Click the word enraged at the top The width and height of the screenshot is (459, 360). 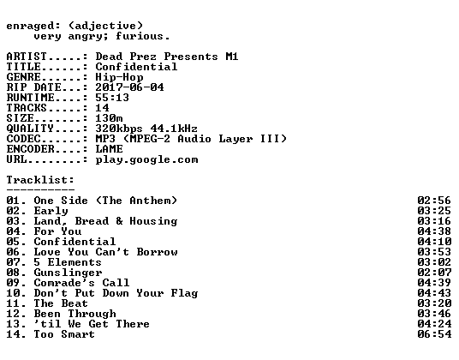(x=30, y=27)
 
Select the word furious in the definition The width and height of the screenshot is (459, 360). (x=139, y=36)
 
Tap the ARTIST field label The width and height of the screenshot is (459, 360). (x=27, y=57)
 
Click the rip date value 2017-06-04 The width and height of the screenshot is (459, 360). (x=129, y=87)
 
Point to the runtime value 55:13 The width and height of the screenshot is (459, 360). (x=112, y=98)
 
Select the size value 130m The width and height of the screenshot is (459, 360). (x=109, y=118)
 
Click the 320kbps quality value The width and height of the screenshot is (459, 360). (x=119, y=129)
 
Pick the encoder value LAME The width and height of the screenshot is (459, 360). (x=109, y=149)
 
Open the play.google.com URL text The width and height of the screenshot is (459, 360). (x=146, y=160)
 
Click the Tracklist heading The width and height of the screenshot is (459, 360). (x=40, y=179)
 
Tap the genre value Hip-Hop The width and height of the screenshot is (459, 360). (x=119, y=77)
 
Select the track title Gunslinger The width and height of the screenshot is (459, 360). (x=68, y=273)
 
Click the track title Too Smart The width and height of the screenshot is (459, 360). (x=64, y=334)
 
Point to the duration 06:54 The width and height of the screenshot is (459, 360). (x=434, y=334)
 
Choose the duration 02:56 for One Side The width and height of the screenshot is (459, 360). (x=434, y=201)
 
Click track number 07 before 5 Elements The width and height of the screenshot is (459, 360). (x=13, y=262)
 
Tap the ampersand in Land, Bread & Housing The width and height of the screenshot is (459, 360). (x=119, y=221)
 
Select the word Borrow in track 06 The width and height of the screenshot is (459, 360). (x=157, y=252)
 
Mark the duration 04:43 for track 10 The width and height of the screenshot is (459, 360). (x=434, y=293)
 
